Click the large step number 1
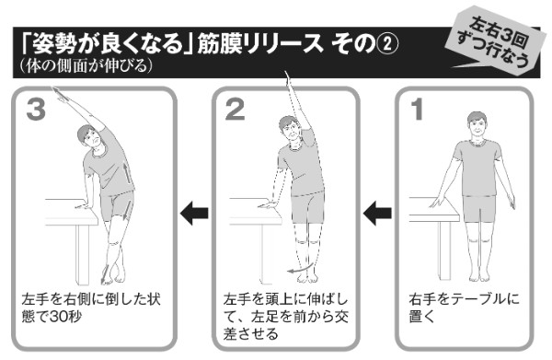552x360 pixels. [417, 111]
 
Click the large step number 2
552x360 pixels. [235, 111]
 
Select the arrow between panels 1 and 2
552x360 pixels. [377, 215]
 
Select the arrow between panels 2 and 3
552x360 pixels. [193, 215]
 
